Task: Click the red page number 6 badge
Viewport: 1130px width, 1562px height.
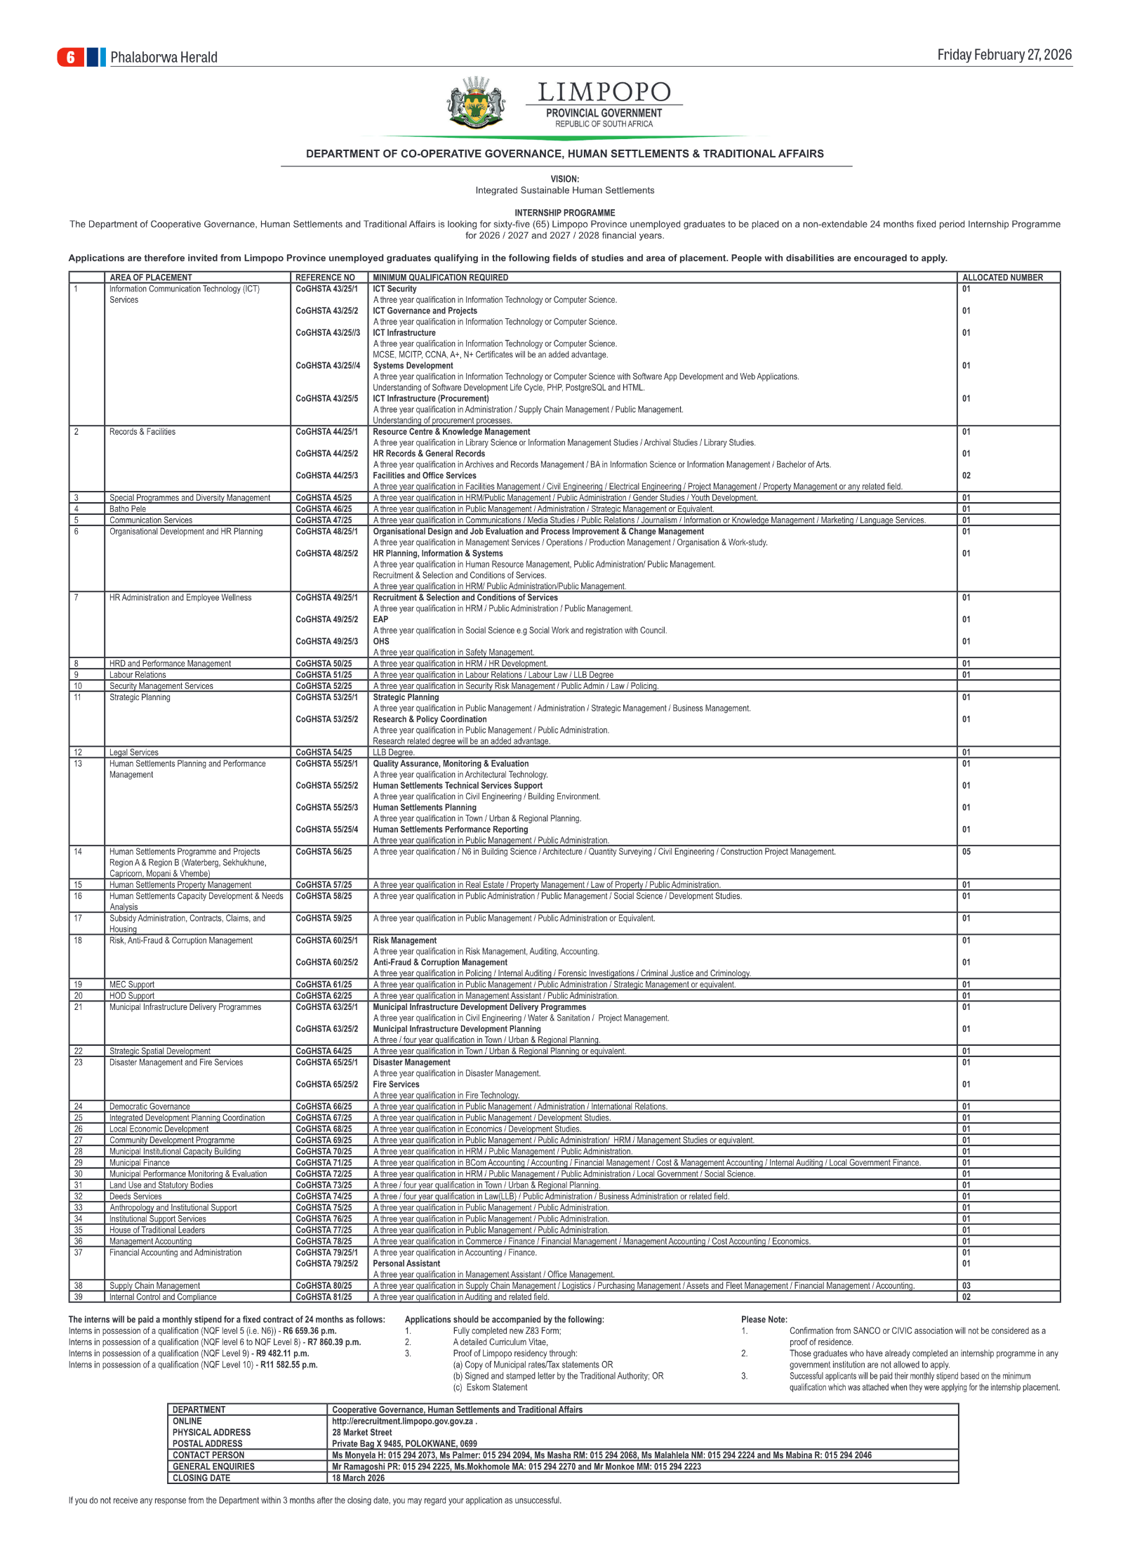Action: point(70,57)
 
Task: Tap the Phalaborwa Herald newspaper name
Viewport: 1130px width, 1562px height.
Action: point(164,58)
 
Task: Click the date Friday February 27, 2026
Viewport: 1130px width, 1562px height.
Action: point(1004,55)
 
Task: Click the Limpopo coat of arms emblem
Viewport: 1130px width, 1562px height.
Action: point(476,103)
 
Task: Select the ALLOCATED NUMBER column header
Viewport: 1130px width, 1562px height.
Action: point(1002,277)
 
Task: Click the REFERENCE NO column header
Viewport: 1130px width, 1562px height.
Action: point(325,277)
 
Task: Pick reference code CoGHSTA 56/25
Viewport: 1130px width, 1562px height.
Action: point(324,852)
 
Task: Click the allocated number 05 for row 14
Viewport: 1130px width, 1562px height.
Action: point(966,852)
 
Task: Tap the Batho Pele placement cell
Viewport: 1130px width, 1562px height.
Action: point(128,509)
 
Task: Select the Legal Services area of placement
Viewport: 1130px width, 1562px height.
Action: point(134,752)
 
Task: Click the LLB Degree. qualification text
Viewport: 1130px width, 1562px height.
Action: point(394,752)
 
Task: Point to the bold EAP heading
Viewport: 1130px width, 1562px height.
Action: point(380,619)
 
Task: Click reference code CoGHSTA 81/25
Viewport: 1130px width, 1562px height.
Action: point(324,1297)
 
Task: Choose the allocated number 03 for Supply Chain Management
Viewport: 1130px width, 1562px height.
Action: point(966,1286)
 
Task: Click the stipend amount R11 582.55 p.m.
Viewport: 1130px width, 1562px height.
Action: point(289,1365)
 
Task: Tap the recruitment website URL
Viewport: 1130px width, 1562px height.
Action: point(402,1421)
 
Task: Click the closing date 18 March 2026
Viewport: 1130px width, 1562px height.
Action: point(358,1478)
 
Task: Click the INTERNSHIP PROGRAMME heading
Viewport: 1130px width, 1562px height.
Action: point(564,213)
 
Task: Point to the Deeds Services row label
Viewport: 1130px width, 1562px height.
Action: point(135,1196)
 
